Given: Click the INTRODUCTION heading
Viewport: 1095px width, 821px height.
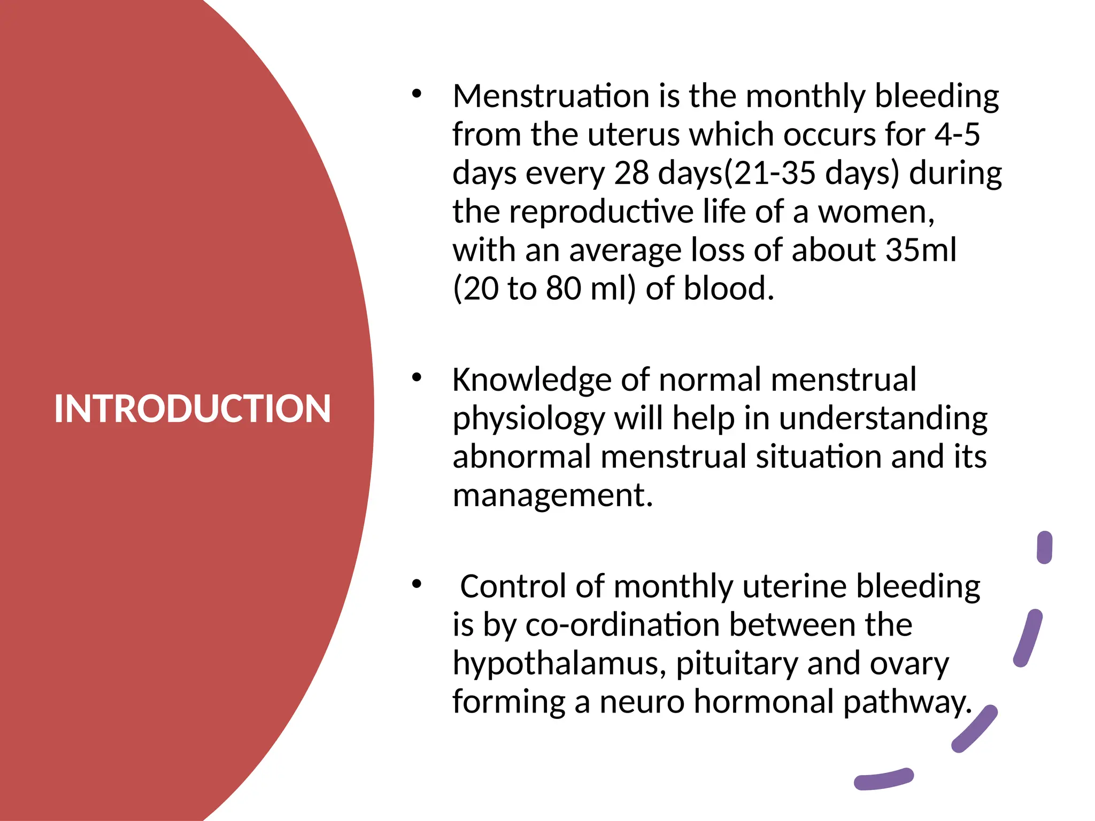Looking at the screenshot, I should coord(192,409).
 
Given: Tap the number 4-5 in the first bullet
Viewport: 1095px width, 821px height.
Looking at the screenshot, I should coord(957,135).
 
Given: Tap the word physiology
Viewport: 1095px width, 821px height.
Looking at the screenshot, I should coord(528,420).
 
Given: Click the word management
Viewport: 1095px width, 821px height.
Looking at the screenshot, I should coord(553,496).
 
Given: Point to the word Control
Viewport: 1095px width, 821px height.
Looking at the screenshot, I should coord(513,587).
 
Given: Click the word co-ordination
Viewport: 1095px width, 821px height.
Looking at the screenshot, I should coord(622,625).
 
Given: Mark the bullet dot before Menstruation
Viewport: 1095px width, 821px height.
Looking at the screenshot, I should coord(417,94).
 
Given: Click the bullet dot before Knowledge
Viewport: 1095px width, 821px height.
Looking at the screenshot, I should coord(417,378).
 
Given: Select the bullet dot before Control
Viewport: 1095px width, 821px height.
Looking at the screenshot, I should coord(417,584).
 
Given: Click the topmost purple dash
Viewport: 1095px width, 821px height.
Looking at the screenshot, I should coord(1044,547).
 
